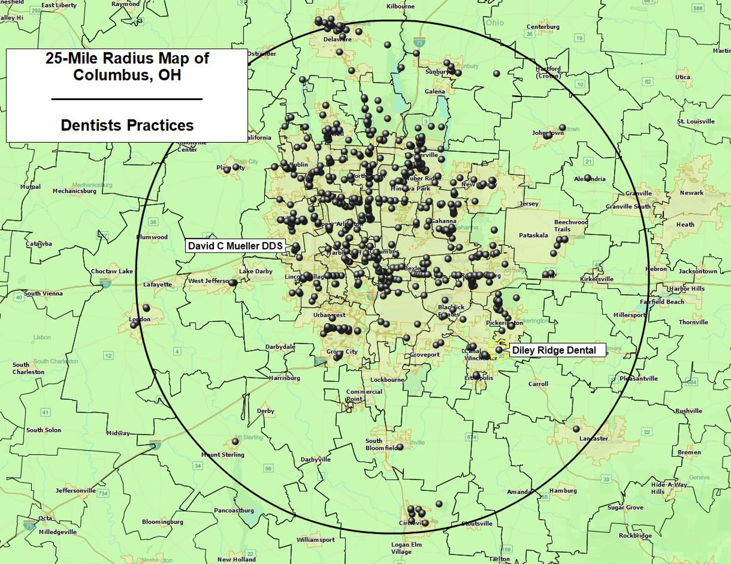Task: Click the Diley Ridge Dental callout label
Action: point(557,350)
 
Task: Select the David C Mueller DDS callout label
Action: point(235,246)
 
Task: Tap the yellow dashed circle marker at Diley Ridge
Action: point(499,350)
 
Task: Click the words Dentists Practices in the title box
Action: point(127,125)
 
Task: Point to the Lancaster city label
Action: point(594,438)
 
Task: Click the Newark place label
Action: point(691,193)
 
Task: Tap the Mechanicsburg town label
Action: point(74,191)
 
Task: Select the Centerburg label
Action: point(543,27)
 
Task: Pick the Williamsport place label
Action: point(316,540)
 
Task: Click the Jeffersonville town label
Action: point(75,491)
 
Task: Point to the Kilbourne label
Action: point(400,6)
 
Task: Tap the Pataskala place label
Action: point(534,235)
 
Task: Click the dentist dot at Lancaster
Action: point(576,429)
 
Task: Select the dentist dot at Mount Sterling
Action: point(235,441)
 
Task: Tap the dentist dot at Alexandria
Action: point(588,178)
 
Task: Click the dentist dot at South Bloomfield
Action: point(400,447)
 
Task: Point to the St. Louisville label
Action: point(696,121)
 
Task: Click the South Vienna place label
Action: point(43,294)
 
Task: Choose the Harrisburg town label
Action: point(285,378)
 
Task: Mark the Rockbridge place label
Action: point(635,536)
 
